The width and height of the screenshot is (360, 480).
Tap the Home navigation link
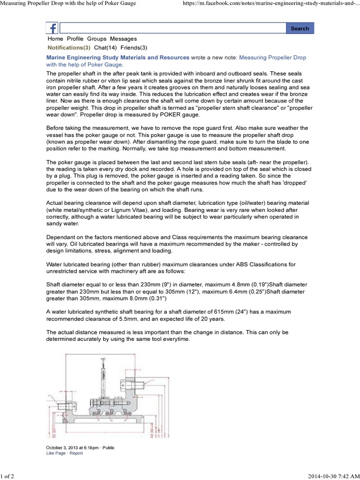(x=55, y=39)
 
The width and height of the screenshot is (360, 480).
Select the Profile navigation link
(x=75, y=39)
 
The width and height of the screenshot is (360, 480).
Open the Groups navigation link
(x=97, y=39)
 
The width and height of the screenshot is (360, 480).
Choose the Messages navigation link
(x=123, y=39)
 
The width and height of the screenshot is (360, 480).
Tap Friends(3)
(x=134, y=48)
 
